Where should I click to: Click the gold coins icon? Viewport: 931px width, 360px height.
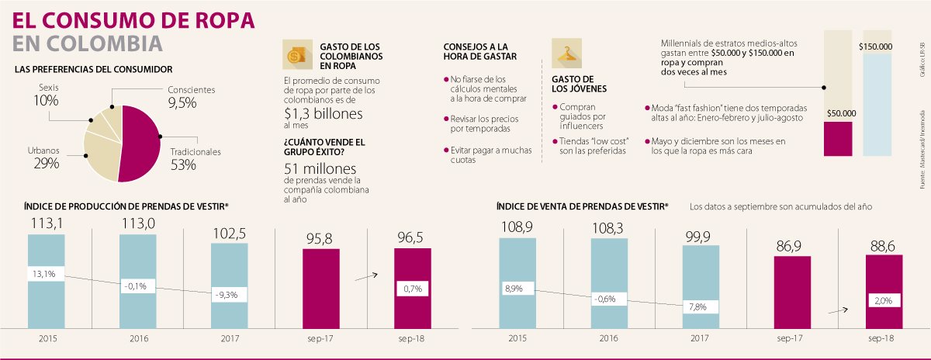(296, 55)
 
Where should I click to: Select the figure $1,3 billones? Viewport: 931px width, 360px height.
(323, 113)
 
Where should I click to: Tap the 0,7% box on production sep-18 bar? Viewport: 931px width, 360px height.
(412, 289)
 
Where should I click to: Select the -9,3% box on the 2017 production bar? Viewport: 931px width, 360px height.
(229, 295)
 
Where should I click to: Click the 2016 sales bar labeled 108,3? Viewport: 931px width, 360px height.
(609, 283)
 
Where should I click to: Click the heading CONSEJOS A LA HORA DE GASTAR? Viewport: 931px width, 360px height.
(475, 51)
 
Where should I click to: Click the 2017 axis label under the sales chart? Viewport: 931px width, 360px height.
(701, 339)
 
